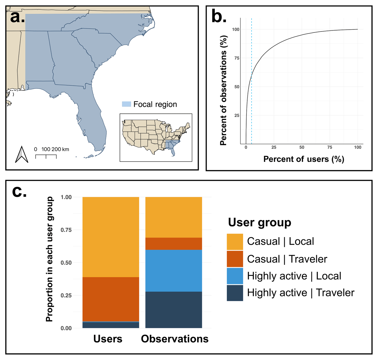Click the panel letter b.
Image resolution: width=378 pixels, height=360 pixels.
[x=219, y=16]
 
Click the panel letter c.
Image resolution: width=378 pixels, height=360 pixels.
[x=19, y=191]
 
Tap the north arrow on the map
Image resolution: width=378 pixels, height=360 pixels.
[x=22, y=154]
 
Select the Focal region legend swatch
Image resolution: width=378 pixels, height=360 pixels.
[x=126, y=104]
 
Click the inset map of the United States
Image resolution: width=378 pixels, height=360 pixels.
[x=156, y=137]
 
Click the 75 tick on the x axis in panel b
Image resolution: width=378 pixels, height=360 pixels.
[x=329, y=147]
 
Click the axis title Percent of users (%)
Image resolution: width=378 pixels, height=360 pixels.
[x=304, y=159]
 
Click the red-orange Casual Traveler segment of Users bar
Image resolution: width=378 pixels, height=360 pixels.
[x=111, y=299]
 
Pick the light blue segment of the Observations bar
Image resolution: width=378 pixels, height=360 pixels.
[x=174, y=271]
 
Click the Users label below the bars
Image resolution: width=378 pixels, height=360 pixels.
[x=108, y=339]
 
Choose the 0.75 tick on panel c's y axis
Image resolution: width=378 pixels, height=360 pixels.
[x=66, y=230]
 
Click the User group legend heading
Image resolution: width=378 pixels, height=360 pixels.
[x=260, y=222]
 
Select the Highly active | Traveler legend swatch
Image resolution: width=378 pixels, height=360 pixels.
[x=235, y=293]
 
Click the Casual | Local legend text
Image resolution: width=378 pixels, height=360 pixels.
[x=280, y=242]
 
